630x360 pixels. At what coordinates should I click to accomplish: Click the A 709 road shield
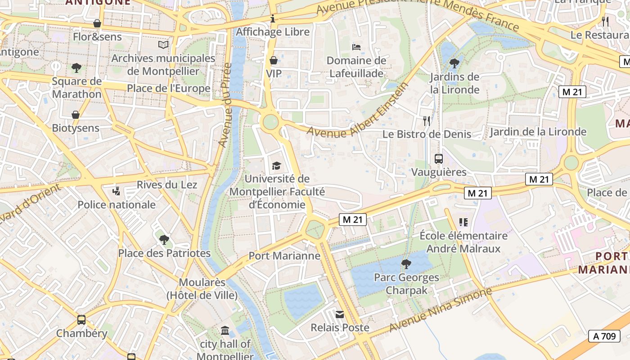[x=604, y=336]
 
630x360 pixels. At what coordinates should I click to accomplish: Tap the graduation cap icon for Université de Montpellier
[x=276, y=166]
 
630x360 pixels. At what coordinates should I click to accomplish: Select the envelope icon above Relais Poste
[x=340, y=315]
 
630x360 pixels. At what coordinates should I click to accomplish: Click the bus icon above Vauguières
[x=438, y=158]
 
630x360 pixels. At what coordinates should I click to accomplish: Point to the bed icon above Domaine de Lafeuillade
[x=356, y=47]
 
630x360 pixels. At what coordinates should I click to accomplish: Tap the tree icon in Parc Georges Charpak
[x=406, y=264]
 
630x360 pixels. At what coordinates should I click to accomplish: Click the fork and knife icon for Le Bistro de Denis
[x=427, y=121]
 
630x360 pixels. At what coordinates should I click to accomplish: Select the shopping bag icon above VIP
[x=273, y=60]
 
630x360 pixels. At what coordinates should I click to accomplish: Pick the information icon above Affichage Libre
[x=273, y=19]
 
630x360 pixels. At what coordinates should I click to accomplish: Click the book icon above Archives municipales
[x=163, y=45]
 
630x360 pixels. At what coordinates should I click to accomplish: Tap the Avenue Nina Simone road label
[x=441, y=310]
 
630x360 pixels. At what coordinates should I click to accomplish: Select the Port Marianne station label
[x=284, y=256]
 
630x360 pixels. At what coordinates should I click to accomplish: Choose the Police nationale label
[x=117, y=205]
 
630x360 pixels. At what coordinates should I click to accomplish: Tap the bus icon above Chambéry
[x=81, y=320]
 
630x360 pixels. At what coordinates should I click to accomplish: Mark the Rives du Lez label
[x=167, y=184]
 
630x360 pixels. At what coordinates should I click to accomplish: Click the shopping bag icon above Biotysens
[x=76, y=115]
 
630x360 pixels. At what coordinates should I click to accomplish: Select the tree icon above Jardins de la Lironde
[x=454, y=63]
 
